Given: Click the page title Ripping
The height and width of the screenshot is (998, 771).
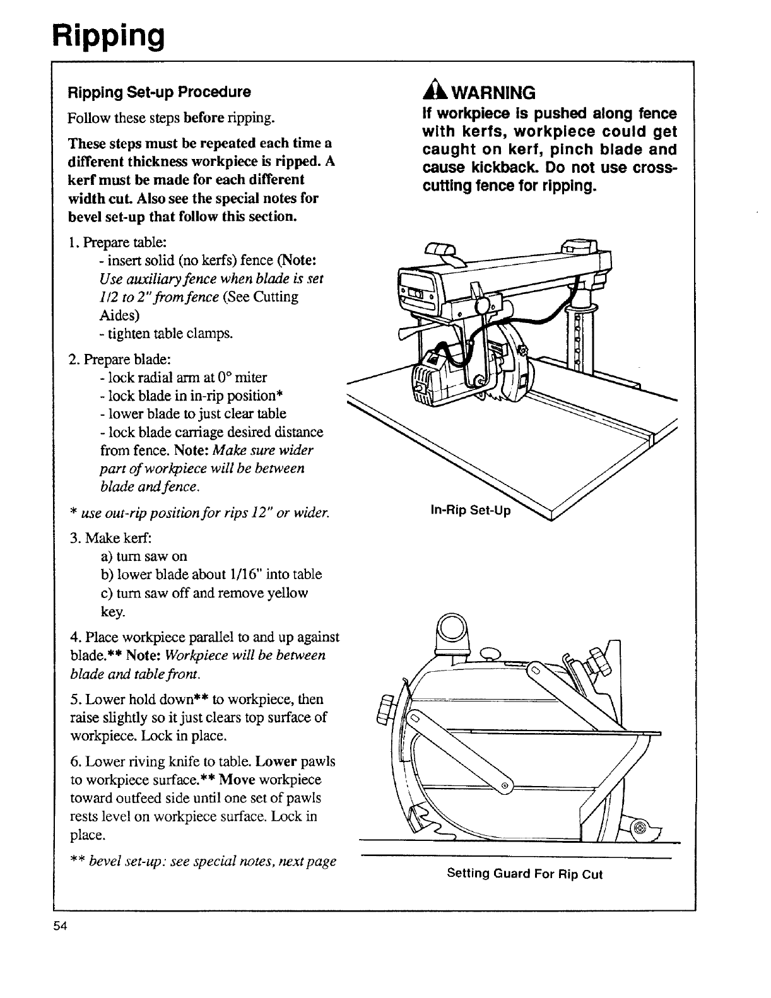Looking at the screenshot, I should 109,36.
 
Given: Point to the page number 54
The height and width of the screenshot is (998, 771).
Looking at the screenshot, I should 60,926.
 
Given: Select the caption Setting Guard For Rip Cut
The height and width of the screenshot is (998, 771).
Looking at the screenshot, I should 524,874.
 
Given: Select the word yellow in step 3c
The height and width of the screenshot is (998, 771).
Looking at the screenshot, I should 286,593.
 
